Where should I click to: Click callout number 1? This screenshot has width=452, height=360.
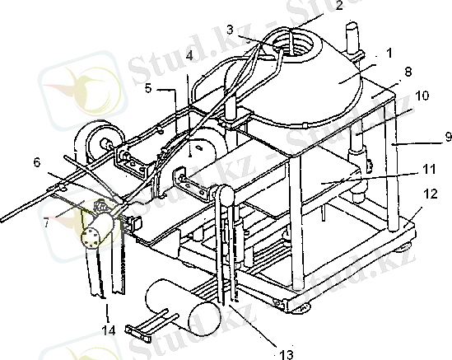click(x=389, y=54)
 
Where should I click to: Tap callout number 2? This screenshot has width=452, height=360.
click(x=339, y=5)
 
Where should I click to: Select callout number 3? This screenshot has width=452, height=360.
click(x=230, y=30)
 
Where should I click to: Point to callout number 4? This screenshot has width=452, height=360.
click(x=189, y=56)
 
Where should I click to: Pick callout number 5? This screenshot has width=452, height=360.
click(x=148, y=88)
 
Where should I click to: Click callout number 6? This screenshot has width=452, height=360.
click(x=36, y=162)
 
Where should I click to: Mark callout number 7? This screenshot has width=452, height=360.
click(x=46, y=222)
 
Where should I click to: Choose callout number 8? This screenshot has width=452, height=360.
click(x=408, y=72)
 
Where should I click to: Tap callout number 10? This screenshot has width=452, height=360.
click(x=422, y=96)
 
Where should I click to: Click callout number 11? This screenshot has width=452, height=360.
click(x=429, y=169)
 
